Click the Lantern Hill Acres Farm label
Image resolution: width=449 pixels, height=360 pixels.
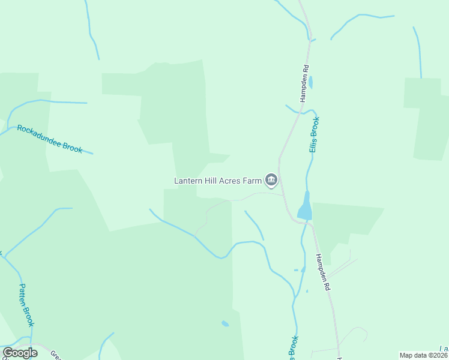click(x=218, y=180)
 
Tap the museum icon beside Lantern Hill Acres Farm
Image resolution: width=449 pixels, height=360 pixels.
click(x=271, y=180)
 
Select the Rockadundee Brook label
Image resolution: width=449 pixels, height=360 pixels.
click(x=50, y=139)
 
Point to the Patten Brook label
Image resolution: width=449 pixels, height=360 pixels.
click(x=27, y=305)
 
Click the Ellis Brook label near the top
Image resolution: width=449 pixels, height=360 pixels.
click(x=313, y=134)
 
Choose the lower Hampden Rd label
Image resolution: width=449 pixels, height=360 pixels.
click(x=323, y=272)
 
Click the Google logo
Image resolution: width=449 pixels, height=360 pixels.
click(x=20, y=353)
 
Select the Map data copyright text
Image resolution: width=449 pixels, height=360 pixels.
click(x=424, y=355)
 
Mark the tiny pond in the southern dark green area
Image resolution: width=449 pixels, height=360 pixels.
click(x=225, y=324)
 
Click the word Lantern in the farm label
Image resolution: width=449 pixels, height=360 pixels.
click(x=188, y=180)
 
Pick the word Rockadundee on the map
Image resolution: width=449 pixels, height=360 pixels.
click(x=40, y=135)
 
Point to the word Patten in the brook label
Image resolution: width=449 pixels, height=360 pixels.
click(x=24, y=295)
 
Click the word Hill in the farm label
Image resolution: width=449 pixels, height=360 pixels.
click(x=211, y=180)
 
